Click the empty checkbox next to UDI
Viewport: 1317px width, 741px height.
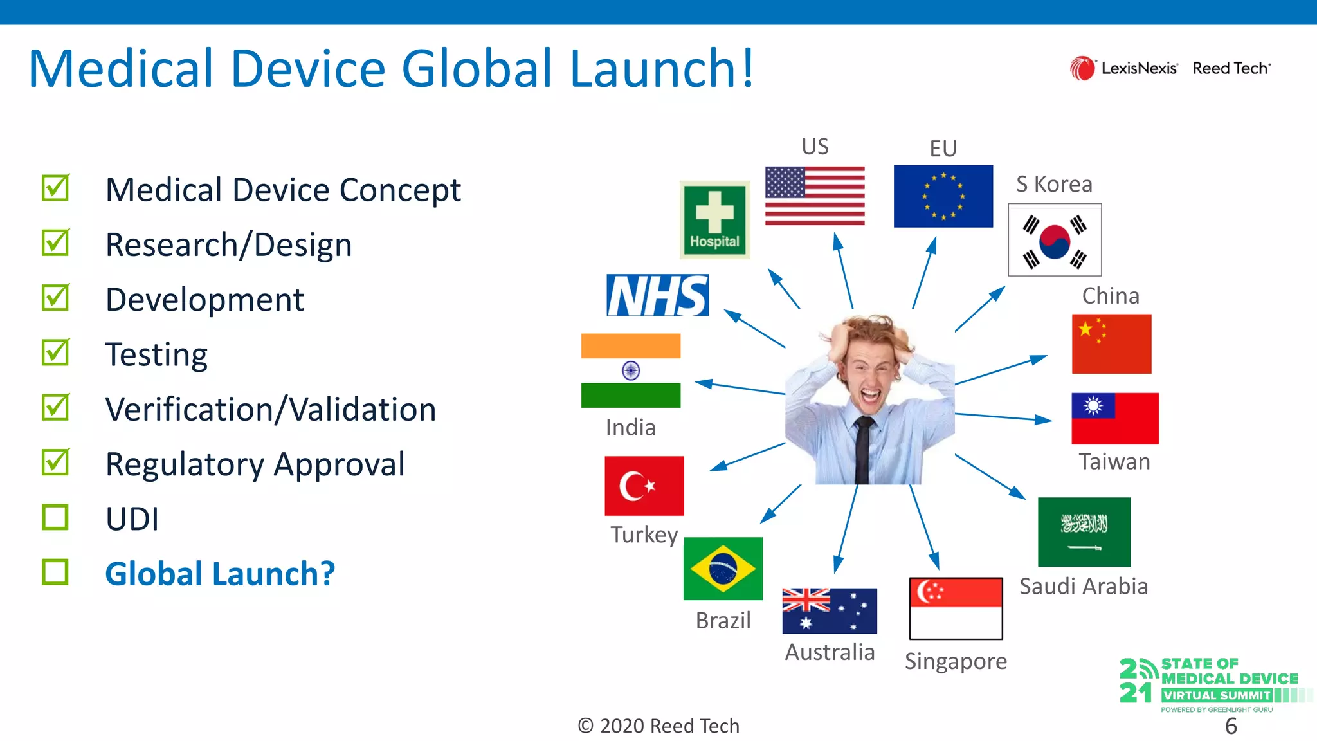click(x=55, y=517)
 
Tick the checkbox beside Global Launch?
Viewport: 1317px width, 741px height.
click(x=55, y=572)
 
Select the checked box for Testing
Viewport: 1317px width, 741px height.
click(x=55, y=352)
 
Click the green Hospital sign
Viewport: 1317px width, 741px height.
click(x=714, y=220)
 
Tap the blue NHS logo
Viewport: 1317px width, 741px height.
click(x=657, y=295)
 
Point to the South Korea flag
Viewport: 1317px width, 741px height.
click(x=1055, y=240)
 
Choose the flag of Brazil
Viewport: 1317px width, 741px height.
click(x=723, y=569)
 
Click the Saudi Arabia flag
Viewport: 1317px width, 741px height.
click(x=1084, y=531)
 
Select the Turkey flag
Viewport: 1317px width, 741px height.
click(x=644, y=486)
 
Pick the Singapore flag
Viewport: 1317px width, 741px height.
click(x=956, y=608)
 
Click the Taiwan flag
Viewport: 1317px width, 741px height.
click(x=1114, y=418)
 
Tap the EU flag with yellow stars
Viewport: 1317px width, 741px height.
click(x=943, y=196)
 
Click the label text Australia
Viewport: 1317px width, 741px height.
click(x=830, y=652)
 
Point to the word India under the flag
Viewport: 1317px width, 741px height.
click(x=630, y=428)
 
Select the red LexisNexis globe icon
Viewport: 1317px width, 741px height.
click(x=1082, y=68)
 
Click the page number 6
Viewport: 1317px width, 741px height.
click(x=1231, y=726)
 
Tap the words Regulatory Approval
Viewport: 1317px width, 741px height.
click(x=255, y=464)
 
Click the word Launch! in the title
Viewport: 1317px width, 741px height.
click(x=662, y=68)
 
